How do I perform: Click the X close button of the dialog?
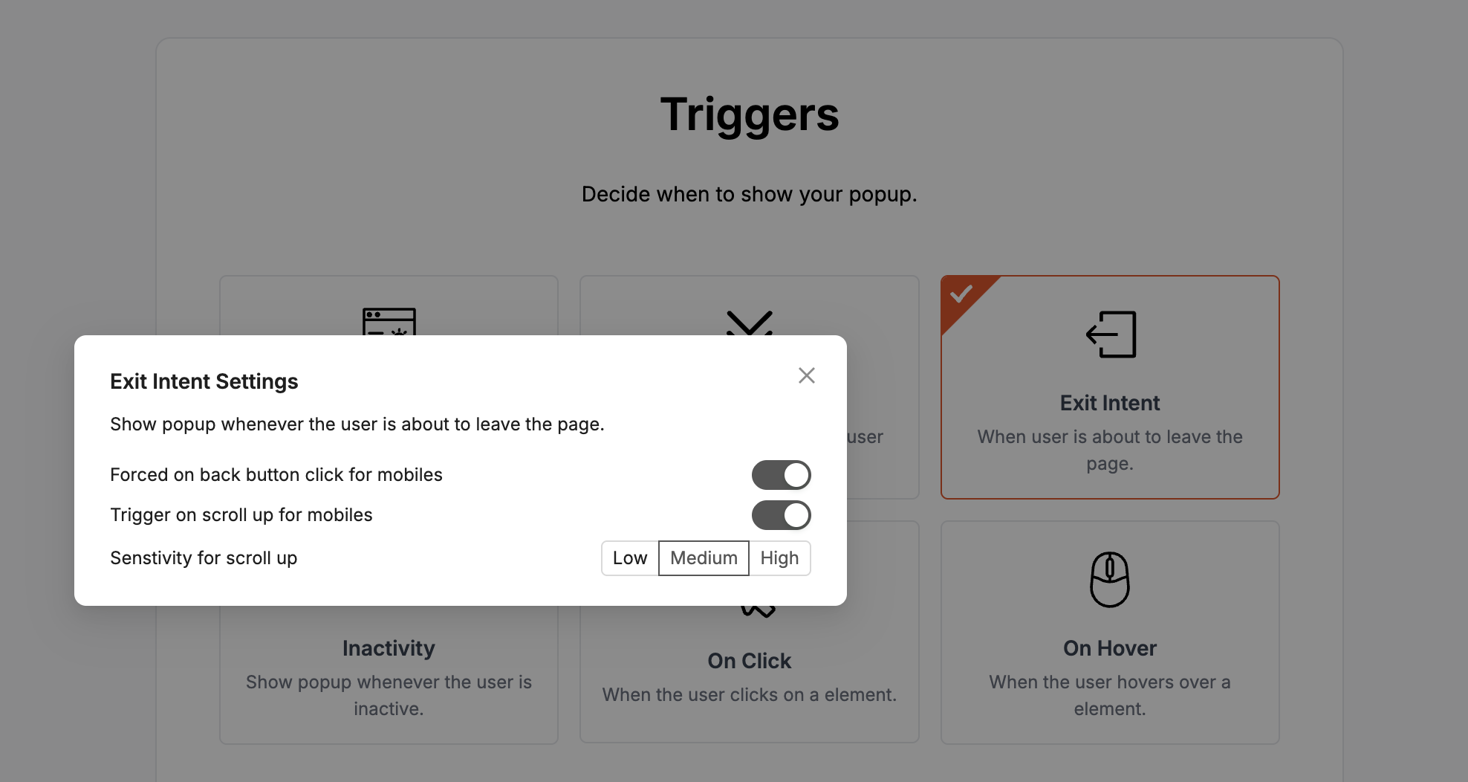[x=806, y=375]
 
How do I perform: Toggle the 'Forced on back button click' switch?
[x=781, y=475]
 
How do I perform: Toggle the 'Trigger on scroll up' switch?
[x=781, y=515]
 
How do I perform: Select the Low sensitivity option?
[x=629, y=558]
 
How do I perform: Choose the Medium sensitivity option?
[x=703, y=558]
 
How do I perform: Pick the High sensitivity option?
[x=779, y=558]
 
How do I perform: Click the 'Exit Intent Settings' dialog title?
[x=204, y=381]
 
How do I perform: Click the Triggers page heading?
[x=749, y=114]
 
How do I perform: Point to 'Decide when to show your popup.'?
[x=749, y=194]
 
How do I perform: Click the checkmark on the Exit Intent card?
[x=961, y=294]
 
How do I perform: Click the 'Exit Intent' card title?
[x=1109, y=403]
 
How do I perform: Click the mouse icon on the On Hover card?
[x=1109, y=579]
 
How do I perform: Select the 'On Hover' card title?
[x=1109, y=648]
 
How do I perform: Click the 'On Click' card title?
[x=749, y=661]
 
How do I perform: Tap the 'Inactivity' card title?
[x=389, y=648]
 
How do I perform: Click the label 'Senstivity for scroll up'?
[x=204, y=558]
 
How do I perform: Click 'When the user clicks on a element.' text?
[x=749, y=694]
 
